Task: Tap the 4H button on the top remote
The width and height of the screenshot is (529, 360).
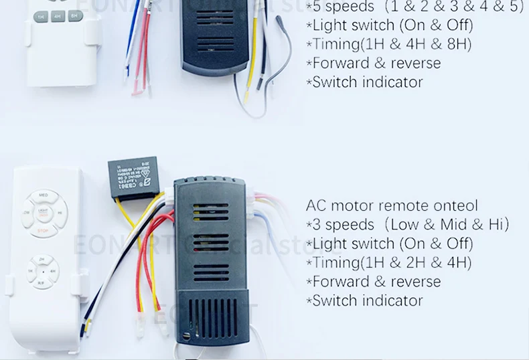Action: tap(58, 16)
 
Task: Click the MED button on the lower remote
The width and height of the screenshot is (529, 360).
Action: tap(43, 196)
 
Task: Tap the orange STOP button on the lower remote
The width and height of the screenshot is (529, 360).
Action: tap(43, 231)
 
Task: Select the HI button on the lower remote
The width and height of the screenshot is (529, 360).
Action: tap(60, 213)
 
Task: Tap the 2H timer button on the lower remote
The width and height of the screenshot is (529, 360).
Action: tap(42, 259)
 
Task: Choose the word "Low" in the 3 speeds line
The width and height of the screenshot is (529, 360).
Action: tap(404, 224)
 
